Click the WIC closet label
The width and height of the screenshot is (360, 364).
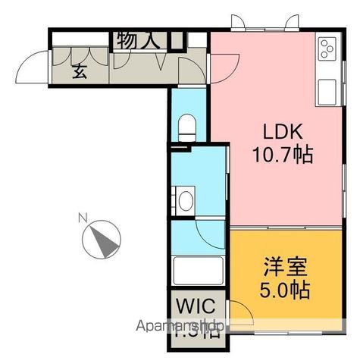tap(196, 307)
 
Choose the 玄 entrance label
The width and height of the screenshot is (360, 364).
tap(79, 72)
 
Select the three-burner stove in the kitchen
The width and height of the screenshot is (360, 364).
tap(328, 49)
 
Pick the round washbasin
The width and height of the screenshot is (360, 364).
tap(184, 200)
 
